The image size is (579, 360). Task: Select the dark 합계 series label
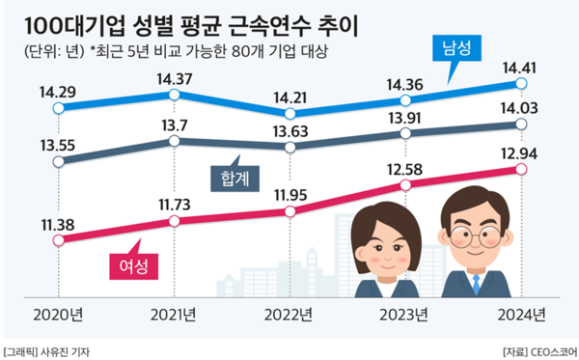(x=231, y=177)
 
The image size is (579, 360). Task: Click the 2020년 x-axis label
(x=59, y=314)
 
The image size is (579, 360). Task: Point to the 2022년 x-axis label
(x=289, y=314)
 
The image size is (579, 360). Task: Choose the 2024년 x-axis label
(x=521, y=314)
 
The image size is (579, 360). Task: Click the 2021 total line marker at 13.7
(x=175, y=141)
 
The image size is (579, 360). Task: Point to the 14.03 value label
(x=521, y=109)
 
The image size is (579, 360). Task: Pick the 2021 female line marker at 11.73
(x=175, y=220)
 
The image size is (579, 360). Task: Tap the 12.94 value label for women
(x=521, y=152)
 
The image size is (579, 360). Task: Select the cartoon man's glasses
(x=473, y=235)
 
